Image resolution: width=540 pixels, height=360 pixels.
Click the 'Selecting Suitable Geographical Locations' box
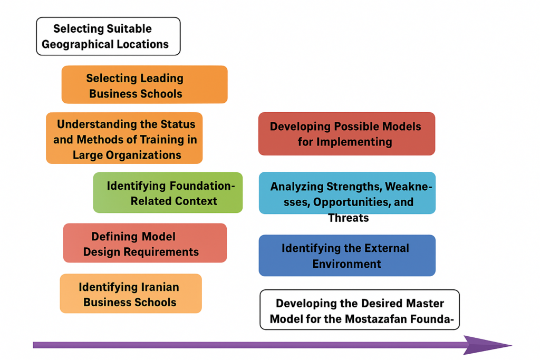click(x=108, y=36)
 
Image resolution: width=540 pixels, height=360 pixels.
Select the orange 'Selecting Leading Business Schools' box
click(x=144, y=84)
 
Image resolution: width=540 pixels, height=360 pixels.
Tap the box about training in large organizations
click(x=124, y=138)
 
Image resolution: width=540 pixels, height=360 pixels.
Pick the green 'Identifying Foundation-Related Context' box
click(x=168, y=192)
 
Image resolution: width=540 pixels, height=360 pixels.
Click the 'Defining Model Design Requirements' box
click(x=144, y=243)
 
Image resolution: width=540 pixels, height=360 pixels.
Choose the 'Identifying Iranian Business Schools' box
click(x=130, y=294)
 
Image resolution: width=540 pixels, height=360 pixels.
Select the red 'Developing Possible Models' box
click(x=346, y=134)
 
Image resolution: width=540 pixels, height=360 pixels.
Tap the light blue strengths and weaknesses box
click(x=347, y=193)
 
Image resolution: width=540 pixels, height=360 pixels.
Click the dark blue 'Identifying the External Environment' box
click(x=347, y=255)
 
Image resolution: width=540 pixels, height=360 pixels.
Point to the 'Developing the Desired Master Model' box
click(x=360, y=310)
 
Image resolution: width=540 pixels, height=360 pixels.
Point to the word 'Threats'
click(x=348, y=218)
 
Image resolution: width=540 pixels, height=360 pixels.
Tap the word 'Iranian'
click(x=159, y=287)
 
